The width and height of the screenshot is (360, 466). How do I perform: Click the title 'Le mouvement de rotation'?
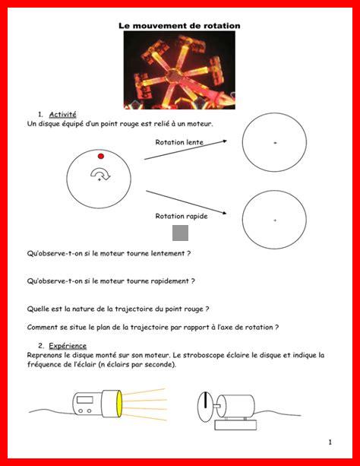[x=179, y=26]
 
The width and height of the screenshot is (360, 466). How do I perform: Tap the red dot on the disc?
[x=101, y=156]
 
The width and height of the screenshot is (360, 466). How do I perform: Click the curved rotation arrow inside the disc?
[x=100, y=173]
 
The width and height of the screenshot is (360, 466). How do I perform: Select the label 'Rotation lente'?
[x=179, y=142]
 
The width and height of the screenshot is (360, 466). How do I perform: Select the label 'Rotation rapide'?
[x=182, y=216]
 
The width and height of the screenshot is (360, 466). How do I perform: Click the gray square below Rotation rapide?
[x=180, y=233]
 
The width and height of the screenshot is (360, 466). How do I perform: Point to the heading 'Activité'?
[x=63, y=115]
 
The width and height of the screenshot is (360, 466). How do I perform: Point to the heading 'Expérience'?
[x=68, y=346]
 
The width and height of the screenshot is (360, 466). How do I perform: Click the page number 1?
[x=330, y=442]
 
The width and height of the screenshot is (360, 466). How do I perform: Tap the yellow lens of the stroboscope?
[x=119, y=404]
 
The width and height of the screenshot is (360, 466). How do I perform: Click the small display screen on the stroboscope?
[x=85, y=400]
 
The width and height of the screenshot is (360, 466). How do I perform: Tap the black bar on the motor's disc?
[x=205, y=400]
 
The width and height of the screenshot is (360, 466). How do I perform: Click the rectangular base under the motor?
[x=235, y=425]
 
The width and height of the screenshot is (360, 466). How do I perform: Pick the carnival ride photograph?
[x=179, y=70]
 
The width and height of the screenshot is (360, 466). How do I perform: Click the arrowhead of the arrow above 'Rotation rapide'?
[x=224, y=213]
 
